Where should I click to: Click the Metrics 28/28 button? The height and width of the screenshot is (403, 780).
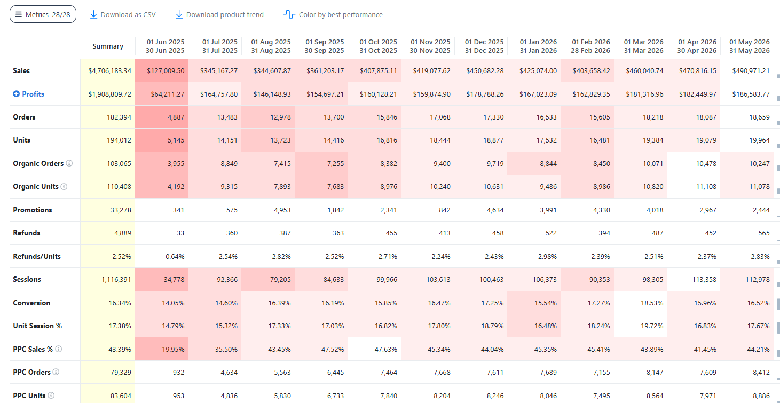(43, 14)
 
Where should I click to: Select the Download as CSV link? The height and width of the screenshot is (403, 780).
(123, 14)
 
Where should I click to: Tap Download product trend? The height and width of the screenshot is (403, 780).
(219, 14)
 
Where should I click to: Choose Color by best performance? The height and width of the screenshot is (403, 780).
(333, 14)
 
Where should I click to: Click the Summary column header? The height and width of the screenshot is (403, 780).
(108, 46)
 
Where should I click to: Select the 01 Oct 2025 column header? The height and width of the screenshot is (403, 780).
(378, 46)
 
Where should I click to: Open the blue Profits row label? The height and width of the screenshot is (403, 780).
(33, 94)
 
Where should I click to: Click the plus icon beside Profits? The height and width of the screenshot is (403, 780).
(17, 93)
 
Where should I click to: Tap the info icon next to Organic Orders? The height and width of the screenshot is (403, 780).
(69, 163)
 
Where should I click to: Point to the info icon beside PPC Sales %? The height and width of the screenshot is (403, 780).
(59, 349)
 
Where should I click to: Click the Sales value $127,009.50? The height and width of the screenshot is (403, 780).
(166, 70)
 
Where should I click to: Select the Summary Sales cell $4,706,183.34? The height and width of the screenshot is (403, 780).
(109, 70)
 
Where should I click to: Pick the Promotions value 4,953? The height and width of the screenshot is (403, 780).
(282, 210)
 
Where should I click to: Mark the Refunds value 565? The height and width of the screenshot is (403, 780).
(764, 233)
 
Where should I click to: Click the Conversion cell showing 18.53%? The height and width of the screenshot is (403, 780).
(652, 303)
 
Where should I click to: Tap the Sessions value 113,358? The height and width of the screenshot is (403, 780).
(704, 279)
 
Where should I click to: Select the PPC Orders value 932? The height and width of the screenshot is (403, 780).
(178, 372)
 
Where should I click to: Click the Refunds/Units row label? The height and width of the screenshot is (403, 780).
(37, 256)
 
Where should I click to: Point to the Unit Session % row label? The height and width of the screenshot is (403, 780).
(37, 326)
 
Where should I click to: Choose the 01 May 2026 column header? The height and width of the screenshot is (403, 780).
(750, 46)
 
